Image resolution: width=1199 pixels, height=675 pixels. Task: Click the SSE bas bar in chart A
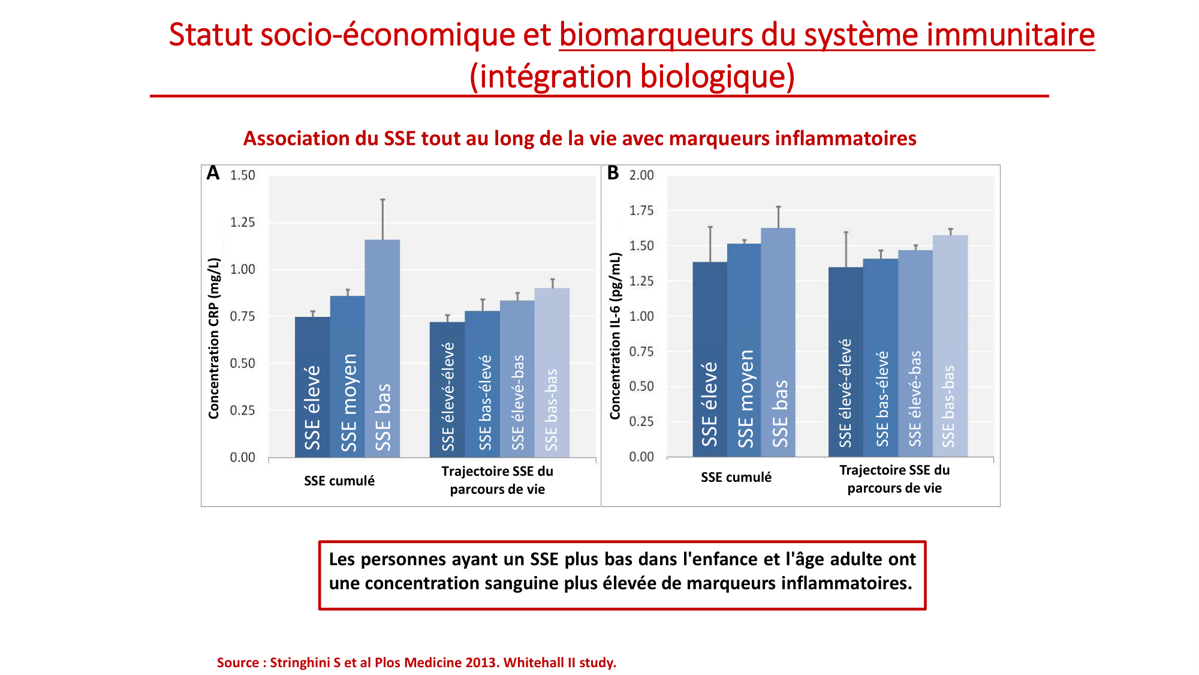[382, 348]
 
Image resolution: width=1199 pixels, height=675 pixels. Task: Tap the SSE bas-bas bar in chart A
[552, 372]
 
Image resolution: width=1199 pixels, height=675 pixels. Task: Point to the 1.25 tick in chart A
[242, 223]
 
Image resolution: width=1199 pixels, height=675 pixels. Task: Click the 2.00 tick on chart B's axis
[641, 175]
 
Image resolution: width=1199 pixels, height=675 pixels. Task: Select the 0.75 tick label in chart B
[641, 352]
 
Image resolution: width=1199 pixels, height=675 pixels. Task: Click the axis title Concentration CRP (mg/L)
[214, 338]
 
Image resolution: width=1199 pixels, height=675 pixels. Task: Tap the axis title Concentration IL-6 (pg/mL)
[615, 335]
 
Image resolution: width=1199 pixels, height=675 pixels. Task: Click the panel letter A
[213, 173]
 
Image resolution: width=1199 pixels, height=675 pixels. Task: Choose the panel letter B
[613, 173]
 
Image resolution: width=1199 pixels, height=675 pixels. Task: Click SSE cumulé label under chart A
[339, 481]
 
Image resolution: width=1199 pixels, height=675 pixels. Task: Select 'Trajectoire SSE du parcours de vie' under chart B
[894, 479]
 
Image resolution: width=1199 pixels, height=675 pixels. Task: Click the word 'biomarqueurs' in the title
[656, 34]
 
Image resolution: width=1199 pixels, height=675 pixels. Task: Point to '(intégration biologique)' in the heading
[632, 77]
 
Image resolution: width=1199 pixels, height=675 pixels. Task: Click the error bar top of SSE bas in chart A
[382, 200]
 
